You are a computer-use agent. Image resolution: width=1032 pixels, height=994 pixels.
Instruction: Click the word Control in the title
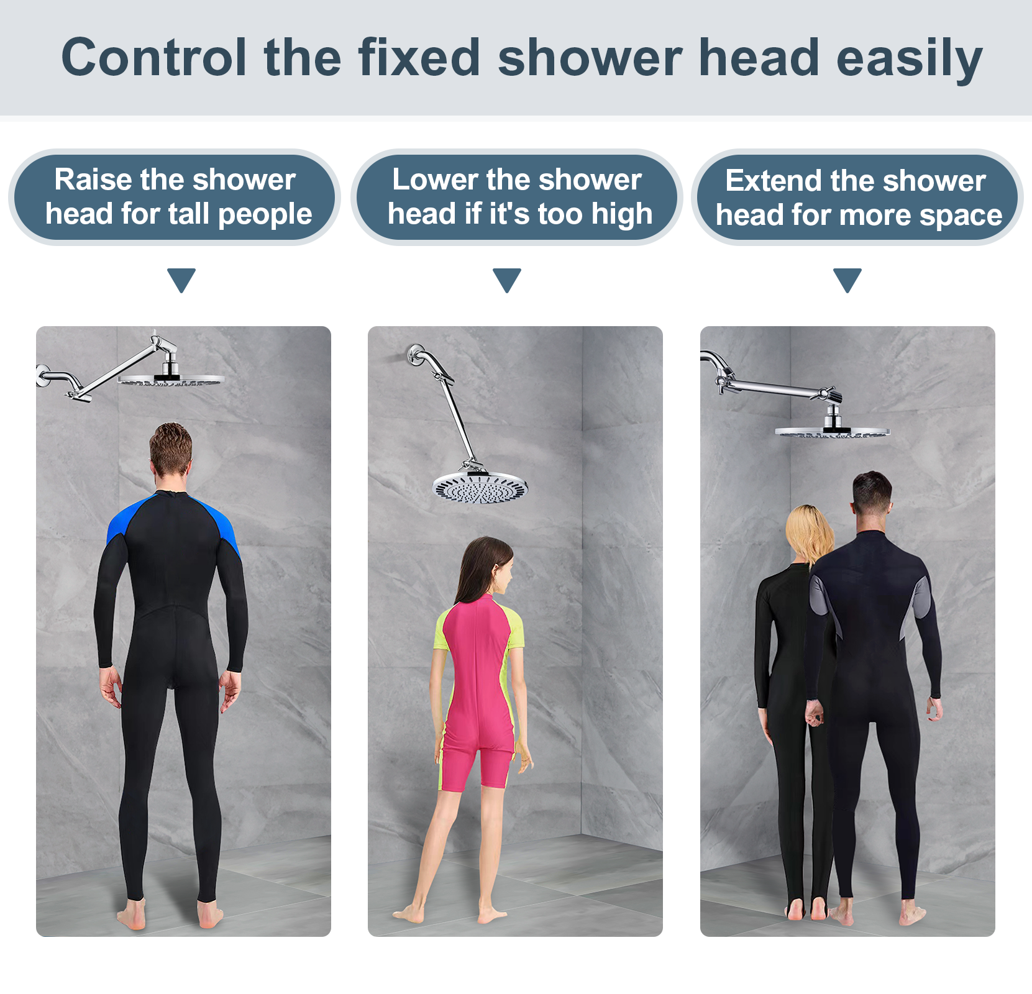[x=154, y=57]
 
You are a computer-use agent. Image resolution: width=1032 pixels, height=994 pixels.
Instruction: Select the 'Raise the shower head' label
[x=175, y=197]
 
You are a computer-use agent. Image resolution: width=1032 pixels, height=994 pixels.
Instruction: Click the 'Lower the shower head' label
[x=517, y=197]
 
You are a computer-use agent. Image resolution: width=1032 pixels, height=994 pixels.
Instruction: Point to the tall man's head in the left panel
[x=171, y=450]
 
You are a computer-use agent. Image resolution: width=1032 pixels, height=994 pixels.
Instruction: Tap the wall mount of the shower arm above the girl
[x=415, y=355]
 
